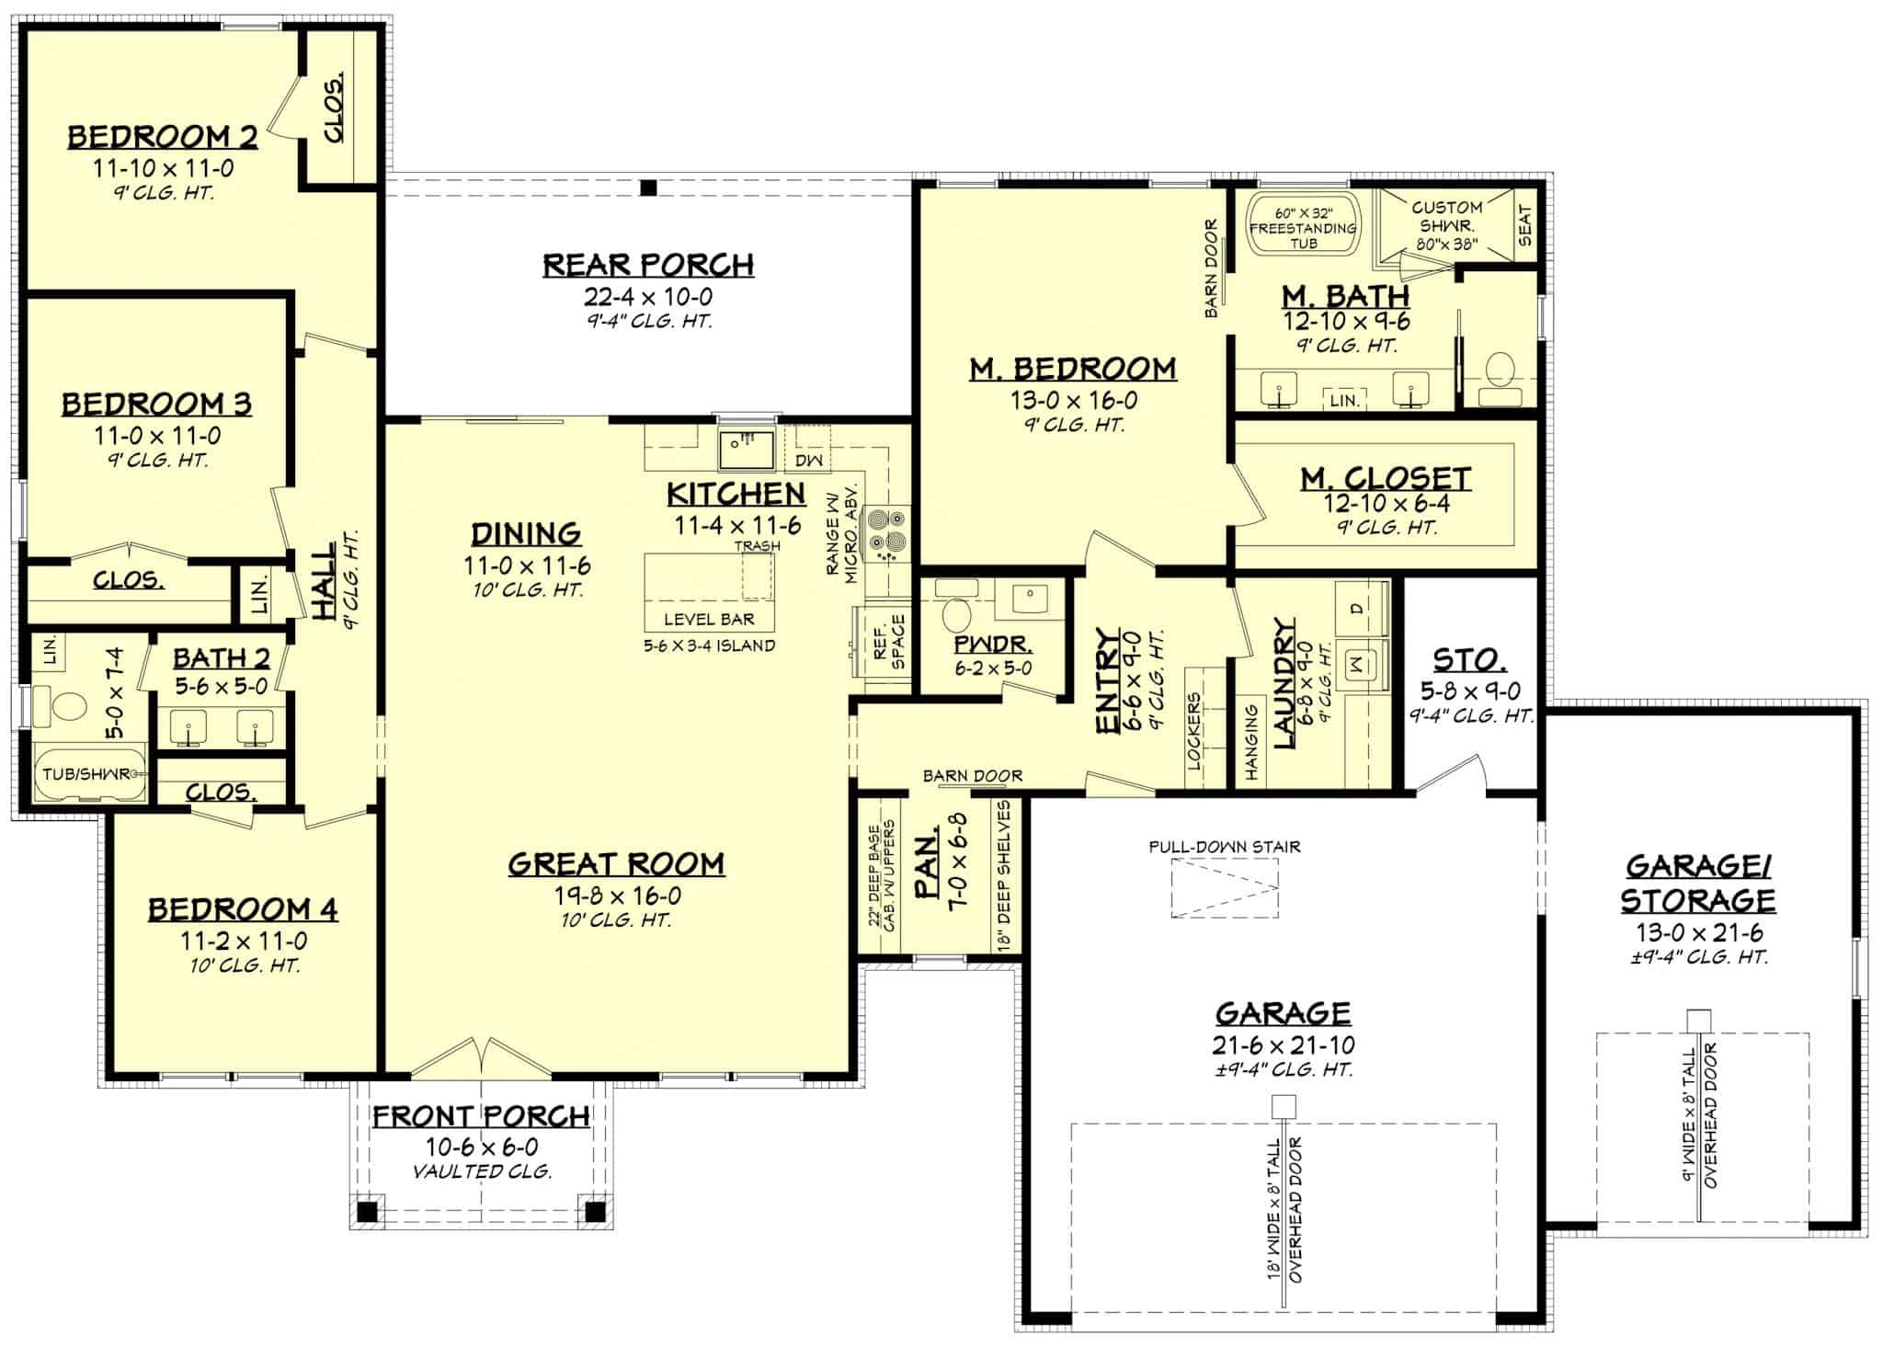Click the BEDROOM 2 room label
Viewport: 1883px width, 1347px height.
pyautogui.click(x=162, y=137)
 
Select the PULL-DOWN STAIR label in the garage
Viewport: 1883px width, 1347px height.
pyautogui.click(x=1224, y=847)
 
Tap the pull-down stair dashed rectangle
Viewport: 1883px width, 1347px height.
pyautogui.click(x=1224, y=888)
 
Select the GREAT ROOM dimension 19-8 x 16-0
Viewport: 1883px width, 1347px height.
pyautogui.click(x=617, y=896)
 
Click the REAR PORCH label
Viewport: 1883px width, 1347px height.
pyautogui.click(x=647, y=265)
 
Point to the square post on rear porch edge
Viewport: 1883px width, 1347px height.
pyautogui.click(x=648, y=188)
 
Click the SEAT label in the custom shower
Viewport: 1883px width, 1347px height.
pyautogui.click(x=1525, y=224)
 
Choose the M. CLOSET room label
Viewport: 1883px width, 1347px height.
pyautogui.click(x=1385, y=478)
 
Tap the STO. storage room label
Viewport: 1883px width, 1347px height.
pyautogui.click(x=1469, y=659)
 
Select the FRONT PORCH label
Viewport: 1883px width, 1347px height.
pyautogui.click(x=480, y=1116)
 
